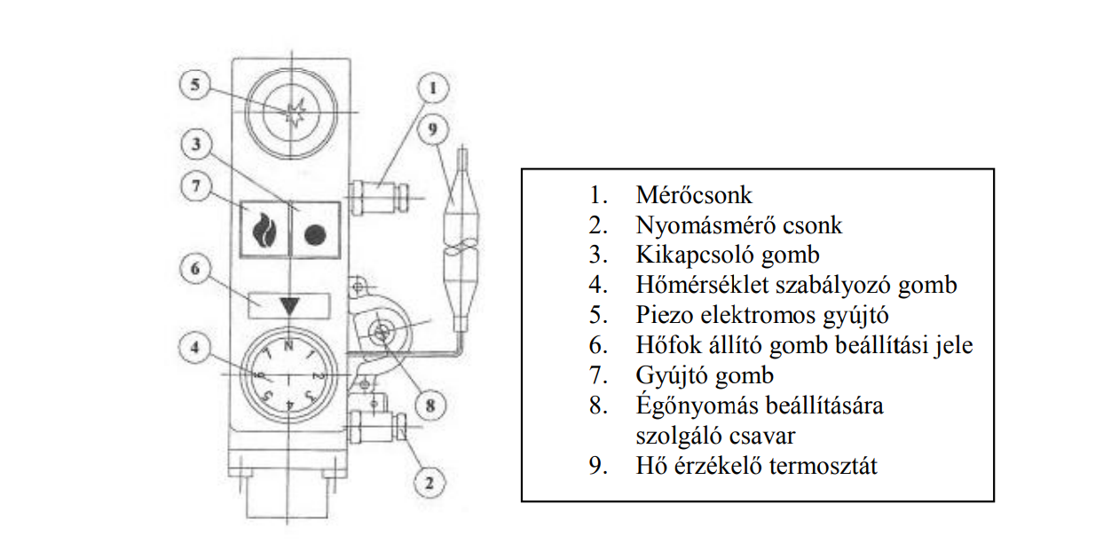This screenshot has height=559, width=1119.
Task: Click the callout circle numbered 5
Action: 195,86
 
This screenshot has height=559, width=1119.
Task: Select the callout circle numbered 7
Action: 195,187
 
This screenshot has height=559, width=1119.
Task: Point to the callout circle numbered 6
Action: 195,267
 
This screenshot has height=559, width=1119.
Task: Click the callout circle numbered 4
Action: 195,348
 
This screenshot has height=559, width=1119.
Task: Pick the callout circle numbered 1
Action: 432,89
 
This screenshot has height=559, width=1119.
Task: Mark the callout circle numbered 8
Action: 429,405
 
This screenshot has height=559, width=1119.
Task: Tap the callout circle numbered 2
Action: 429,484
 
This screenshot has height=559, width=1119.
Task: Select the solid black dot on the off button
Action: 315,234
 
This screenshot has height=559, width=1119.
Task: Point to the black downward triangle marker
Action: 289,305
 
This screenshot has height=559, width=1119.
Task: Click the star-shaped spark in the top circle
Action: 296,113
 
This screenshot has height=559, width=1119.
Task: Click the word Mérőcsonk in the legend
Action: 694,195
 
